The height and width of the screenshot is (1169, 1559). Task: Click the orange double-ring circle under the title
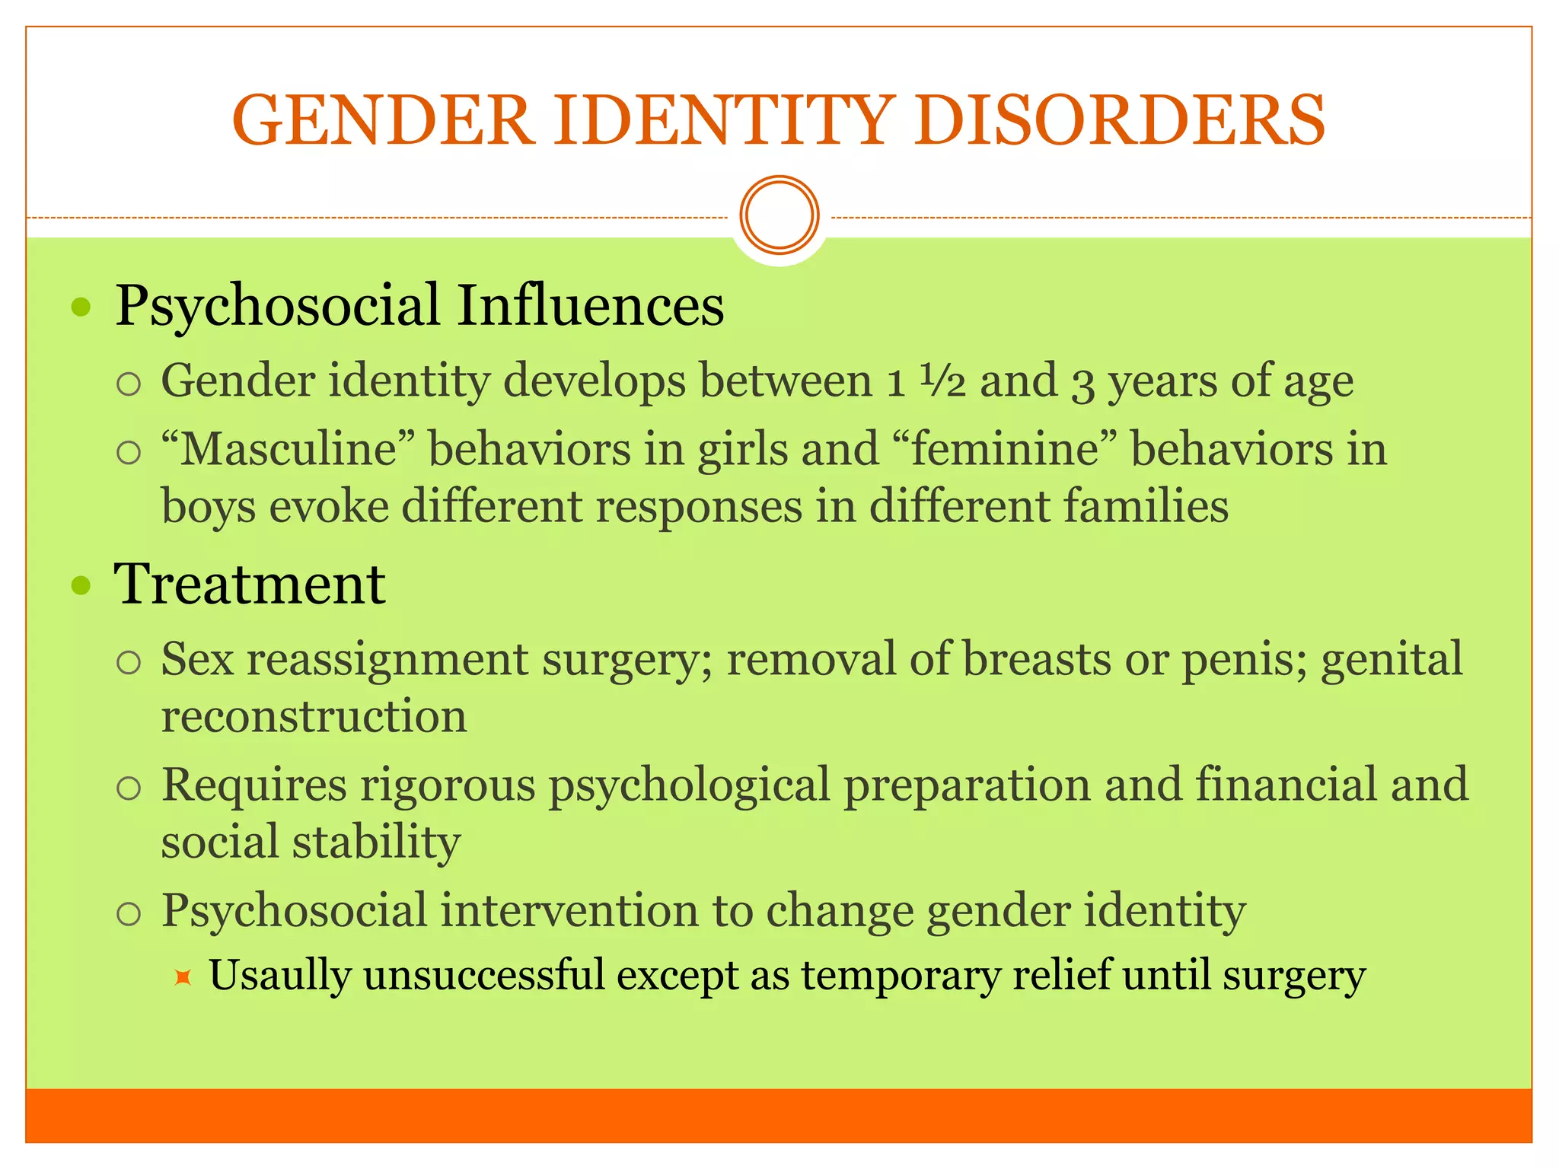pyautogui.click(x=779, y=215)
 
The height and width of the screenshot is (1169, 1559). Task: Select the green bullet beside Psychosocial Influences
pyautogui.click(x=81, y=308)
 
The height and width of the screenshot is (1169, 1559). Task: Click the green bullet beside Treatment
pyautogui.click(x=81, y=586)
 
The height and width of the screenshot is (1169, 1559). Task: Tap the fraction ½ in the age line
pyautogui.click(x=942, y=380)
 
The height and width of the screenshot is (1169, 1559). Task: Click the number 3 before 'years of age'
pyautogui.click(x=1082, y=383)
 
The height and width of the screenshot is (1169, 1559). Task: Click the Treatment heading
pyautogui.click(x=250, y=584)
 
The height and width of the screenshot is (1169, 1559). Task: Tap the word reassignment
pyautogui.click(x=387, y=661)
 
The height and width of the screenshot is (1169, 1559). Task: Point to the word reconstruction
pyautogui.click(x=314, y=716)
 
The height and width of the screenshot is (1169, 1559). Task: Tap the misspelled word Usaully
pyautogui.click(x=279, y=976)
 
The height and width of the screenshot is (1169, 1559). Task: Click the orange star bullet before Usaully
pyautogui.click(x=182, y=977)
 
